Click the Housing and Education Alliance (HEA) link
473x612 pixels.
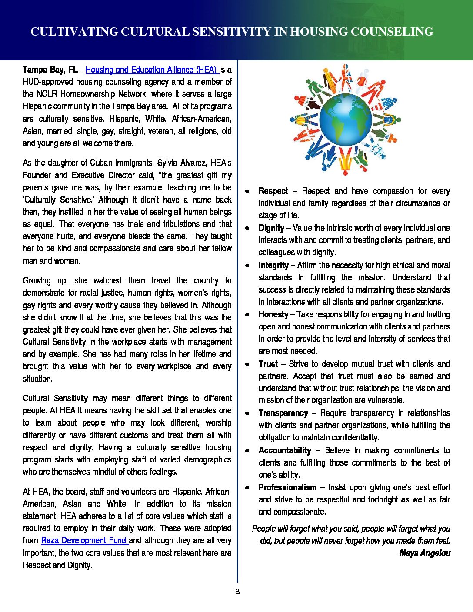tap(151, 70)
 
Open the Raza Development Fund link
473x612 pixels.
tap(84, 540)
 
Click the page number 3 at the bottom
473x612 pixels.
tap(237, 591)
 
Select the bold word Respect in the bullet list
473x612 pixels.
tap(273, 191)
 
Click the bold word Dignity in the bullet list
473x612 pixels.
tap(271, 228)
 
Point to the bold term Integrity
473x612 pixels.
tap(273, 265)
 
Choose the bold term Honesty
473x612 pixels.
tap(273, 314)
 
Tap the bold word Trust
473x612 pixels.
tap(268, 364)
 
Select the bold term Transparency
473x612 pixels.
tap(283, 413)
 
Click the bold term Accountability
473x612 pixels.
tap(285, 450)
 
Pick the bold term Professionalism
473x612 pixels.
tap(287, 487)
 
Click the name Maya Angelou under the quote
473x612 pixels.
tap(425, 553)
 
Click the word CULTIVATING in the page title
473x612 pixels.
tap(74, 32)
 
